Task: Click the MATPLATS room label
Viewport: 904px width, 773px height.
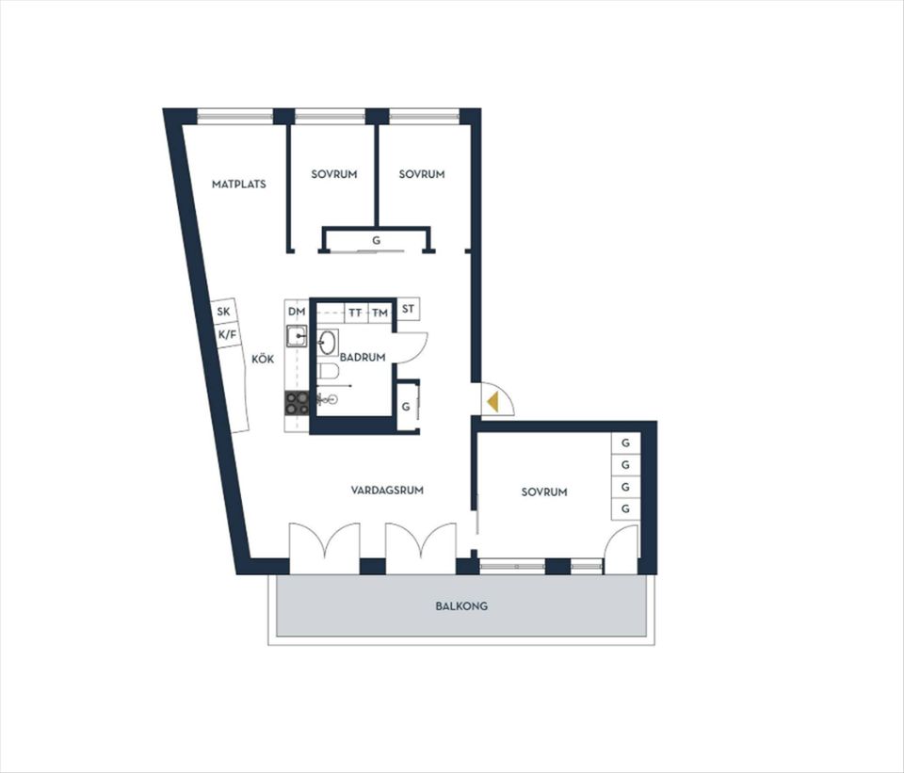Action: coord(238,185)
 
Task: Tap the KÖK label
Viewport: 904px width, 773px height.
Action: coord(263,359)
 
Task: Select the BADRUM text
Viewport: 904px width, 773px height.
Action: coord(363,358)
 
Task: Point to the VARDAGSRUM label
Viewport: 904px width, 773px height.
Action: coord(387,491)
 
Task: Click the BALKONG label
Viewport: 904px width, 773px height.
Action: coord(461,606)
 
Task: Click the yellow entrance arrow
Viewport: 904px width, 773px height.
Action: coord(492,401)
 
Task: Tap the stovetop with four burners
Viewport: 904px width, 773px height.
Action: coord(297,403)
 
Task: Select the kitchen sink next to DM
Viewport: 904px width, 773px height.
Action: coord(297,335)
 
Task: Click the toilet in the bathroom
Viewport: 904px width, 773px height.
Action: coord(328,373)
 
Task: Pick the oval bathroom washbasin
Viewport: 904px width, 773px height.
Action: coord(328,342)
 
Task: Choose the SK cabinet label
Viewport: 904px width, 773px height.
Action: coord(224,312)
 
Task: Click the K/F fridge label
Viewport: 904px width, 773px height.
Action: coord(227,334)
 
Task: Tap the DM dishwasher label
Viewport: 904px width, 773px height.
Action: coord(297,312)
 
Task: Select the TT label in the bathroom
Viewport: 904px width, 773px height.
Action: coord(356,313)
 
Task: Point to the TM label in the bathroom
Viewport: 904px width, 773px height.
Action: coord(379,313)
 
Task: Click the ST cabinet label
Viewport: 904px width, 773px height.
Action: coord(408,309)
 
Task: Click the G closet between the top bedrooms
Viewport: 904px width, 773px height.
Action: coord(377,240)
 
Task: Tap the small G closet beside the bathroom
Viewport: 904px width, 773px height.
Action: coord(406,407)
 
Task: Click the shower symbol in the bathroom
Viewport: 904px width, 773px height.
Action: coord(328,398)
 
